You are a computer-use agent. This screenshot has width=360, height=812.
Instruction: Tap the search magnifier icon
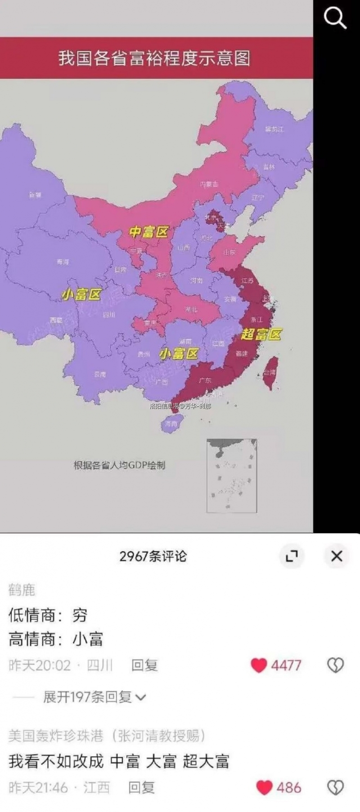click(335, 18)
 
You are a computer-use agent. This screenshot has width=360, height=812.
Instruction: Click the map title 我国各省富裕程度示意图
click(154, 59)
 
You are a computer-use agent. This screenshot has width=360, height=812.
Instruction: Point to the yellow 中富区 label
click(148, 232)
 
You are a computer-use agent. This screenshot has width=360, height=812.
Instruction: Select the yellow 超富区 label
click(261, 334)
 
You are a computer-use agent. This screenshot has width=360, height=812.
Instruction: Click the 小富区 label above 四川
click(81, 295)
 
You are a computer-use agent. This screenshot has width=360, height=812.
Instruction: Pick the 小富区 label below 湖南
click(179, 354)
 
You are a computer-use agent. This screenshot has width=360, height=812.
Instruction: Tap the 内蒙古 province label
click(209, 184)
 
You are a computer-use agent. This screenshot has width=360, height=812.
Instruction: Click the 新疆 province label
click(35, 195)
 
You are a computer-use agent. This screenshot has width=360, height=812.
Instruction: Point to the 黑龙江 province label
click(274, 129)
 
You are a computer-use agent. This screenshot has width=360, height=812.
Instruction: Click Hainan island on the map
click(171, 423)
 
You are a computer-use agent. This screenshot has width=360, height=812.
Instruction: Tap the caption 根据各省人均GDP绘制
click(119, 465)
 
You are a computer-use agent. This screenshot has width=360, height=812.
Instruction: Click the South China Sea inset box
click(232, 476)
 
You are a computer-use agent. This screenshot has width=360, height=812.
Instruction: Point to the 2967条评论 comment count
click(153, 556)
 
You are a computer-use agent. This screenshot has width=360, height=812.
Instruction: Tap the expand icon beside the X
click(292, 556)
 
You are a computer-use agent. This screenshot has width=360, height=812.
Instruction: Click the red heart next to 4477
click(259, 665)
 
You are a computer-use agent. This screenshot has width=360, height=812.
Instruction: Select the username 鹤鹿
click(22, 590)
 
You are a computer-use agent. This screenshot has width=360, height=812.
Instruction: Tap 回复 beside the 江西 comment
click(141, 788)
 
